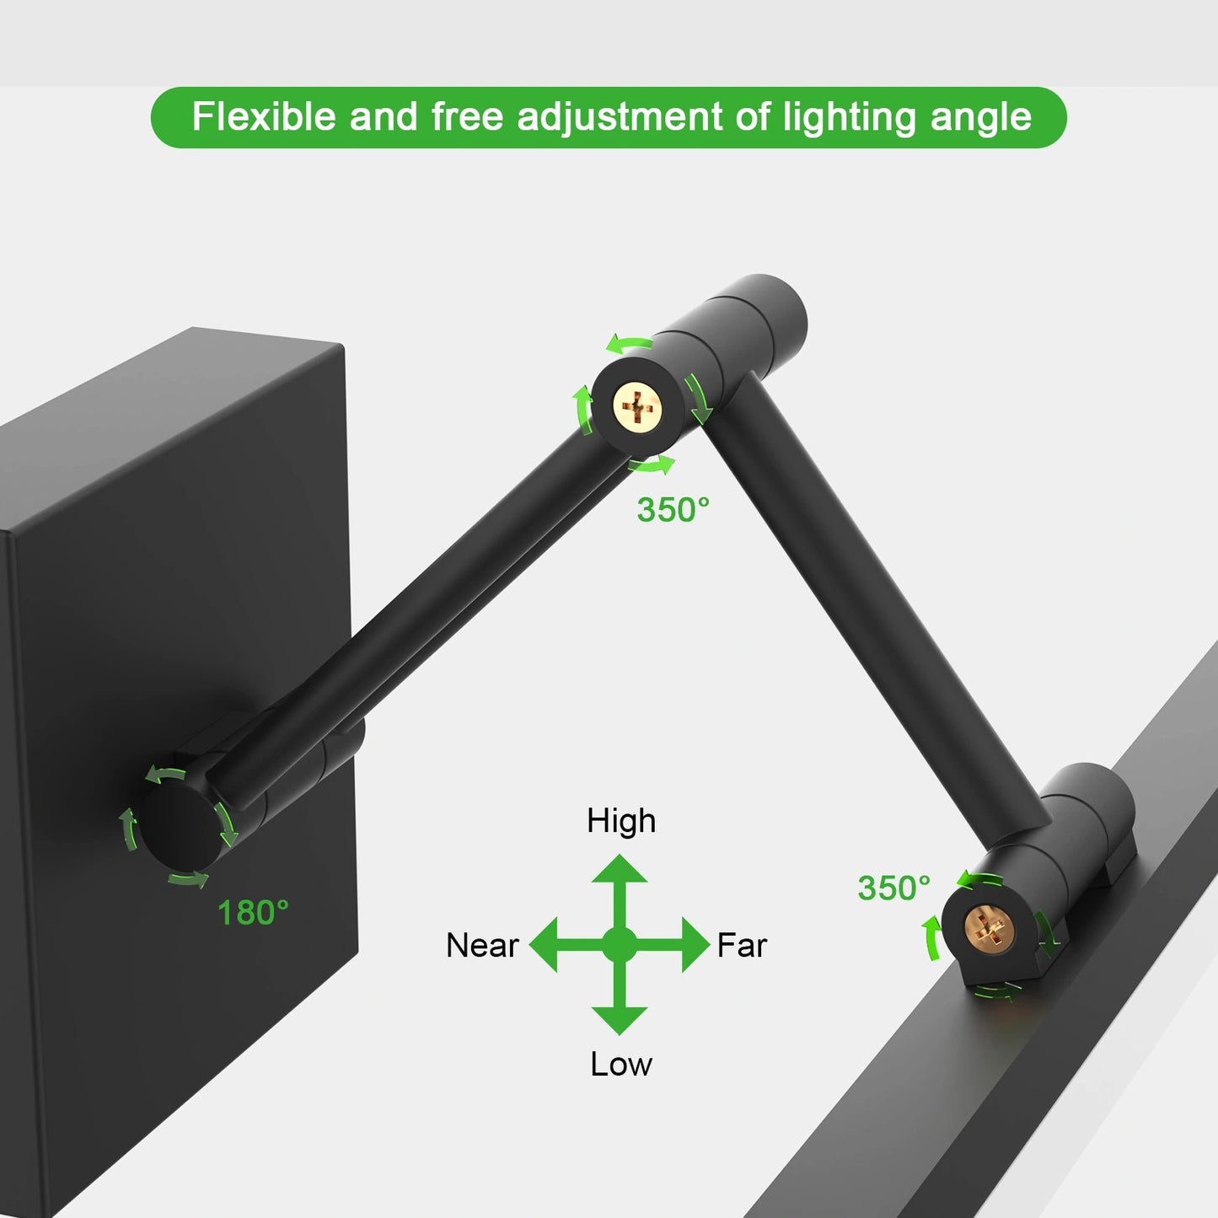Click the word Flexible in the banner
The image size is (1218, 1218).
click(x=264, y=116)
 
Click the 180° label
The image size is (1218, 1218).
click(x=253, y=913)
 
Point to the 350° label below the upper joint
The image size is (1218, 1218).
click(x=673, y=510)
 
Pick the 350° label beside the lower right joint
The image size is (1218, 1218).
click(x=893, y=888)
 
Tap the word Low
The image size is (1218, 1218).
click(x=620, y=1065)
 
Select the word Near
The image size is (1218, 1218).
click(x=482, y=946)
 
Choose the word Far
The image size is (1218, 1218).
click(x=742, y=946)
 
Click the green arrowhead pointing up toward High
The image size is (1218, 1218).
click(x=620, y=870)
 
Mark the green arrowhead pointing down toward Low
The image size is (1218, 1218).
click(x=620, y=1021)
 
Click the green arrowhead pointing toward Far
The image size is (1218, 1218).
click(x=696, y=945)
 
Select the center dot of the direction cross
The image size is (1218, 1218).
click(x=620, y=945)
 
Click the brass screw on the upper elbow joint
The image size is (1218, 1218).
click(x=639, y=405)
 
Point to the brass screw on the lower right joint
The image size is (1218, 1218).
click(x=990, y=929)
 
